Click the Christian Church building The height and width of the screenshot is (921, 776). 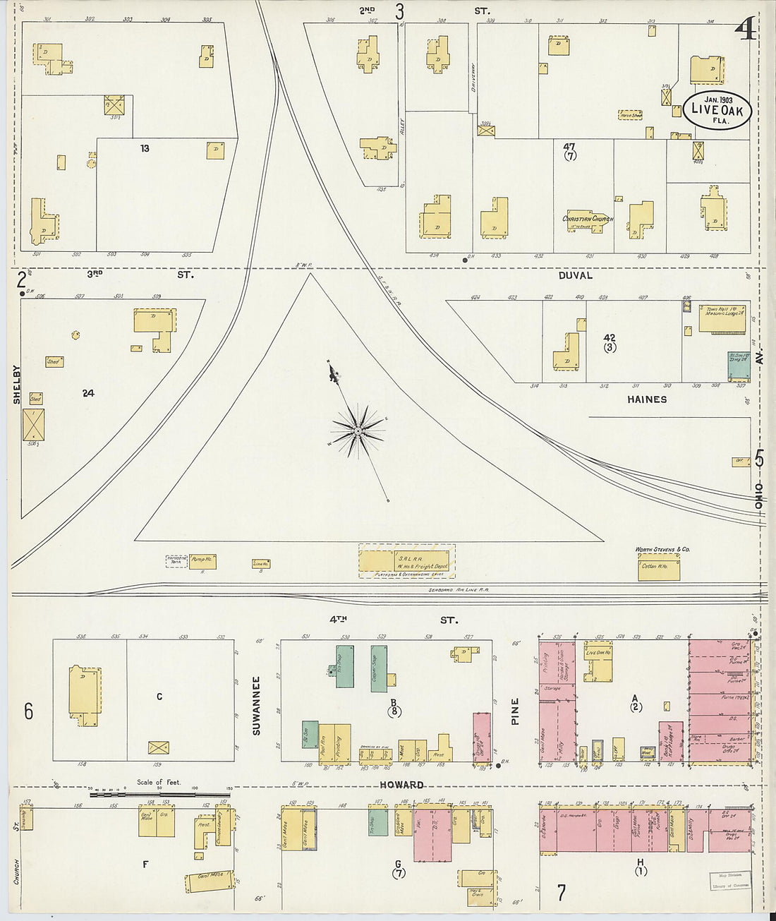coord(588,220)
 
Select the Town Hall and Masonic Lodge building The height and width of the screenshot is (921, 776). coord(722,318)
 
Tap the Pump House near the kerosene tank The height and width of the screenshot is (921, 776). coord(202,561)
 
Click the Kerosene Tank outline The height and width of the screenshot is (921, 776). coord(176,561)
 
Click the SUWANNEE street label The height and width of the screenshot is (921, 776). coord(256,706)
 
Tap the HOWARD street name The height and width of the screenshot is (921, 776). coord(401,785)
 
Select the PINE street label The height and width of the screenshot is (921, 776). coord(515,711)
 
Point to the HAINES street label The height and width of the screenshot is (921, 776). coord(647,399)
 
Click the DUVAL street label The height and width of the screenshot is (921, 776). coord(576,275)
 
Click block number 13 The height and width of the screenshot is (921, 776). coord(145,149)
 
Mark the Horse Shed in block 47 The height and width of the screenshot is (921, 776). coord(630,114)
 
